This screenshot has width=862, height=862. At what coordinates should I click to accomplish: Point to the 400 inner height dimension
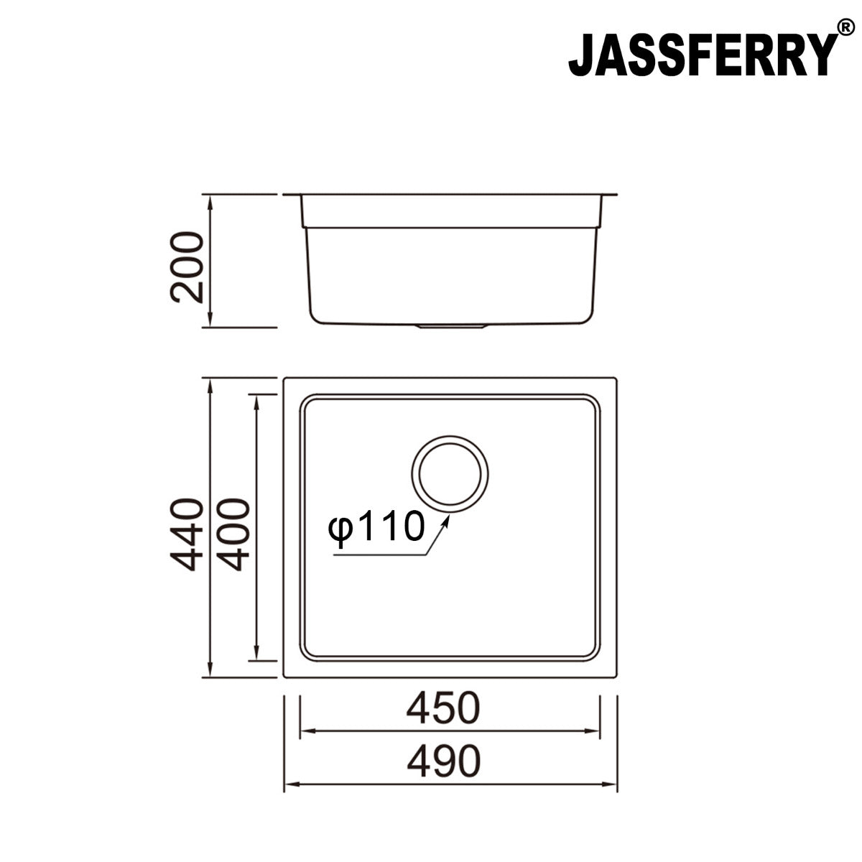tap(233, 533)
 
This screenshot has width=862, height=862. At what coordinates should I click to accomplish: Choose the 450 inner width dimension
tap(442, 709)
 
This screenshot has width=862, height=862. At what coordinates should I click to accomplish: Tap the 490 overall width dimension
tap(442, 761)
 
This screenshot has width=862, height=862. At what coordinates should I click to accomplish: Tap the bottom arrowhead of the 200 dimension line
tap(210, 321)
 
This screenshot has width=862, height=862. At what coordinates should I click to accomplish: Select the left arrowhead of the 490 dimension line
tap(289, 784)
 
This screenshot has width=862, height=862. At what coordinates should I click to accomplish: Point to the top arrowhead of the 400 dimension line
tap(255, 399)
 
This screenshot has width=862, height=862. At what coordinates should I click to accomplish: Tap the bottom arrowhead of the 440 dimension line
tap(210, 672)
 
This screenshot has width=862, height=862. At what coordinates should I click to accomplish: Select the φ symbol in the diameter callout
tap(339, 529)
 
